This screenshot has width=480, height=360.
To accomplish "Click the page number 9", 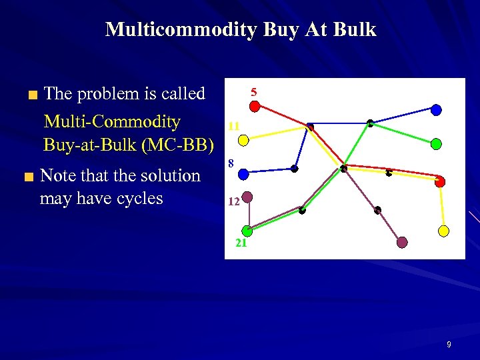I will coord(449,345).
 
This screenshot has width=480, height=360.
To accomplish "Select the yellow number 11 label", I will coord(233,125).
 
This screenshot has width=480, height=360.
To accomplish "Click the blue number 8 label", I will coord(230,163).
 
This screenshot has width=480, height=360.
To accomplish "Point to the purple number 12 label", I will coord(233,201).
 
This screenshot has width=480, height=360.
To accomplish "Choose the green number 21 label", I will coord(241,243).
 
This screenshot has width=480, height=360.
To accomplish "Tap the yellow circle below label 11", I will coord(244,140).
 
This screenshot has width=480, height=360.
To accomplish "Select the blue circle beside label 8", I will coord(243,173).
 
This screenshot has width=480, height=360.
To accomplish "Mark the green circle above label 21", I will coord(247,231).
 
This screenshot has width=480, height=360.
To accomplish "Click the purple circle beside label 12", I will coord(247,197).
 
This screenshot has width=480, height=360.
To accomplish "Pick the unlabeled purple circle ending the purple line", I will coord(402,243).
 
